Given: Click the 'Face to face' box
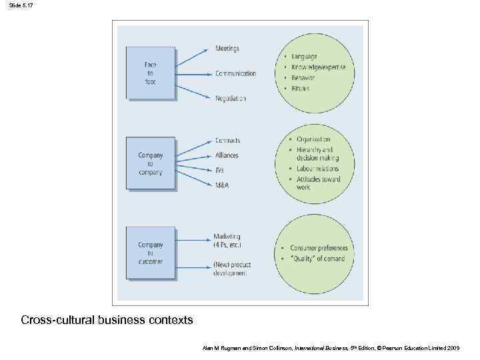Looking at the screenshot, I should tap(151, 73).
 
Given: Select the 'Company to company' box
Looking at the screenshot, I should tap(151, 163).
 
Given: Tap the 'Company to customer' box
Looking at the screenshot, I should tap(151, 253).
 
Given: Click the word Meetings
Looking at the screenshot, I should tap(227, 49).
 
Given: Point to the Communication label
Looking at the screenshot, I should tap(235, 73).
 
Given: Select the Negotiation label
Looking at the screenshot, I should tap(231, 98).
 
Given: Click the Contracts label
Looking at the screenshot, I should tap(227, 141).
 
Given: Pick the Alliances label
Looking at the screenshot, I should tap(227, 155).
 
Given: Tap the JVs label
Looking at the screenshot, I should tap(220, 170).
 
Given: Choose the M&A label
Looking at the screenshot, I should tap(221, 185).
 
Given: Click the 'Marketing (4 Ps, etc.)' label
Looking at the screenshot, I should tap(227, 241).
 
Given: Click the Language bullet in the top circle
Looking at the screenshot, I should tap(304, 57).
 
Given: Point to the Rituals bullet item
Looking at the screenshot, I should tap(302, 88).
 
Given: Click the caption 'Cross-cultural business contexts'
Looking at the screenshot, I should tap(107, 320).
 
